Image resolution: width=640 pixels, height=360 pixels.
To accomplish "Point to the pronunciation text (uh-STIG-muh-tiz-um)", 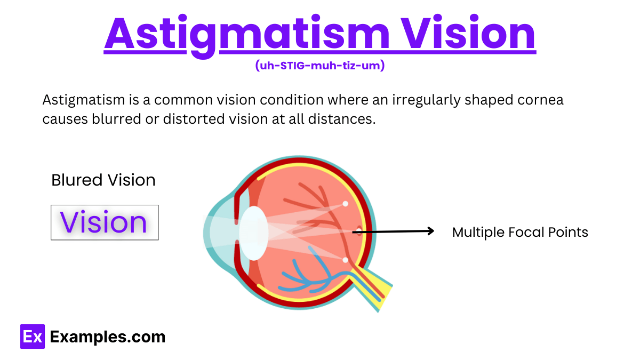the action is [320, 66].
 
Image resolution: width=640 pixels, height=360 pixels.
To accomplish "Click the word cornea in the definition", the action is [541, 100].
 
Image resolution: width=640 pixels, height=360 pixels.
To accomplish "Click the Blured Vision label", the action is [103, 180].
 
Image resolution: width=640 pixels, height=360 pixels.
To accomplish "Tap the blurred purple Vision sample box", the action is [105, 222].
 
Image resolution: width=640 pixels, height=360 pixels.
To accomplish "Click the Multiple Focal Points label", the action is [520, 233].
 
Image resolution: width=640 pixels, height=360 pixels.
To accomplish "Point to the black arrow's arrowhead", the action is [431, 231].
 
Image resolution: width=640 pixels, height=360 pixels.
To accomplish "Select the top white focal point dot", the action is [345, 204].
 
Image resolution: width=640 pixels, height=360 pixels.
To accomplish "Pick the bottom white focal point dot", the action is [345, 260].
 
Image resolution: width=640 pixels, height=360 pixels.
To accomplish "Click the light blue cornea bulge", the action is [216, 235].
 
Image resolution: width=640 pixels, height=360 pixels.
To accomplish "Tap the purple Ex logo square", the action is [32, 337].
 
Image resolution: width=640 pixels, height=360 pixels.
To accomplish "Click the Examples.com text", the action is [108, 337].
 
